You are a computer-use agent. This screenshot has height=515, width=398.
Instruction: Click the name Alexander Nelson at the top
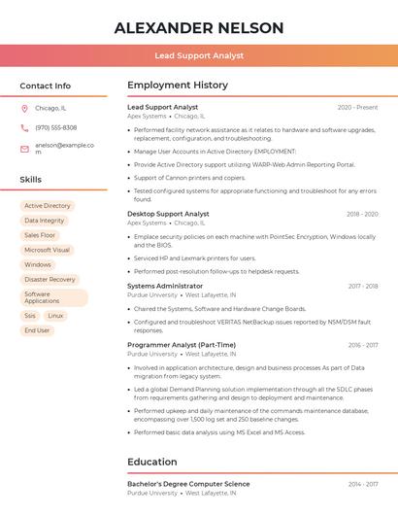tap(199, 28)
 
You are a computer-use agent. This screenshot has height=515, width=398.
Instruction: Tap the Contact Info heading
tap(46, 86)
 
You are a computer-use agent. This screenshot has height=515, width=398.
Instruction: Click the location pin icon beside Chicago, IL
tap(24, 109)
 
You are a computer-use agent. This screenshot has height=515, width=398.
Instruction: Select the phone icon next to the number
tap(24, 128)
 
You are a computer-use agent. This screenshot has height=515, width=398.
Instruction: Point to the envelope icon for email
tap(24, 149)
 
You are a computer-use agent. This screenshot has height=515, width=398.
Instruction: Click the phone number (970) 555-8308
tap(55, 128)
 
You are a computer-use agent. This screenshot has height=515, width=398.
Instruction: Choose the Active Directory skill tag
tap(48, 206)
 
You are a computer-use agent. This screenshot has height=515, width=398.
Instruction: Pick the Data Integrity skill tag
tap(45, 221)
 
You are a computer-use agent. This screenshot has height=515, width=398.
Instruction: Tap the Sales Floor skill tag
tap(40, 235)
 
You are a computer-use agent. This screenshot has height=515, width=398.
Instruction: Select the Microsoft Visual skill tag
tap(48, 250)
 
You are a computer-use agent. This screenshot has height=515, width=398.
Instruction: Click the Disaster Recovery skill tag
tap(50, 280)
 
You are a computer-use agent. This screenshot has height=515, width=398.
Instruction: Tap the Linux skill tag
tap(55, 316)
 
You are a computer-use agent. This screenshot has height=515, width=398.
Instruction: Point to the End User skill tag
tap(37, 330)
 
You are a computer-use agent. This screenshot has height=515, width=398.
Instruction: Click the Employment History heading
tap(178, 86)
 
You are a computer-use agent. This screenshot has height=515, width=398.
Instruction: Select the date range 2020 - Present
tap(357, 108)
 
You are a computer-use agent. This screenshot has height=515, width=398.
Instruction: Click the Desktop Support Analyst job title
tap(168, 214)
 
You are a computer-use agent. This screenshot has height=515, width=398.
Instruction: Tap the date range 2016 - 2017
tap(363, 345)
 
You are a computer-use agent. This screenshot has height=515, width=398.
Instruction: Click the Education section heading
tap(153, 462)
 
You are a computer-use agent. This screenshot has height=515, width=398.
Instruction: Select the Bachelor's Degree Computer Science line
tap(188, 484)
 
